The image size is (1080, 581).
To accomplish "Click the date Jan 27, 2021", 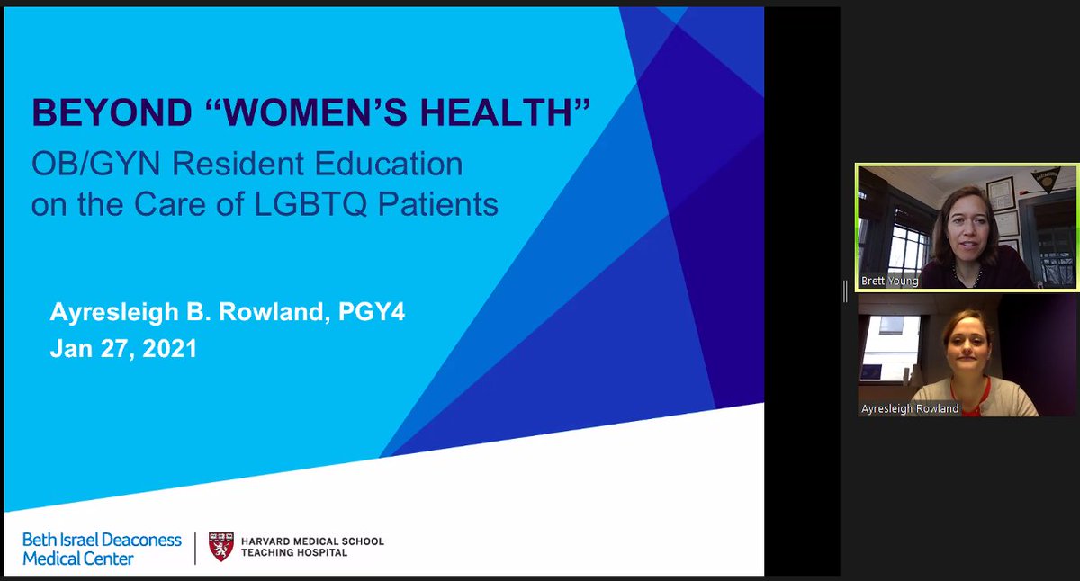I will pos(123,348).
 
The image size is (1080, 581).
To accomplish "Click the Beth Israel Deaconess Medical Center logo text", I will pos(102,549).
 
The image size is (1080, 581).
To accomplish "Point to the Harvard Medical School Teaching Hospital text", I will pos(312,547).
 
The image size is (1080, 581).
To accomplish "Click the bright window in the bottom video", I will pos(886,333).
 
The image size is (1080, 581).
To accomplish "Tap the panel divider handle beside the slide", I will pos(844,290).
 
